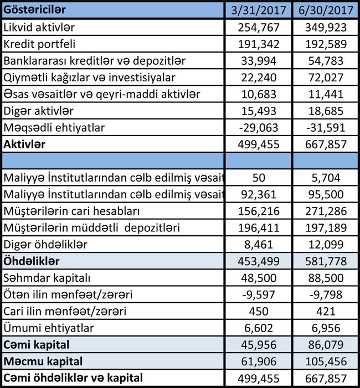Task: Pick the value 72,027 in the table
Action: pos(325,77)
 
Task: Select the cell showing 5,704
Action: pos(325,178)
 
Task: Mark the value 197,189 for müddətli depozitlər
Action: pos(325,228)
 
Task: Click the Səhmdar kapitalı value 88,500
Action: pos(325,278)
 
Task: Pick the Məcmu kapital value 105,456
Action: pos(325,362)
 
